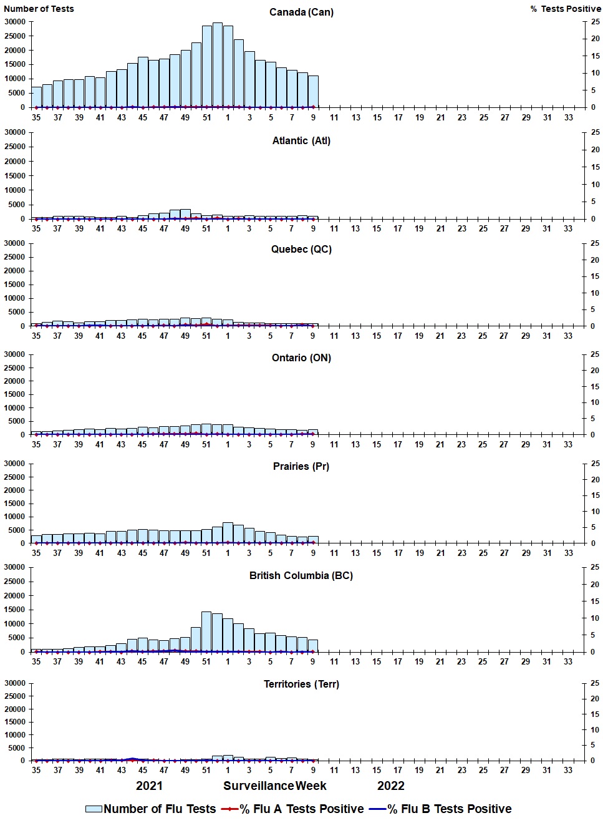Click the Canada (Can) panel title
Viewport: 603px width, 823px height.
tap(301, 12)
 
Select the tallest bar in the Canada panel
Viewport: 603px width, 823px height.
tap(217, 65)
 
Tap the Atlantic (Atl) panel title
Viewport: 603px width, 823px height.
tap(301, 141)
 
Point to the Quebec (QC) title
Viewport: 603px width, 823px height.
tap(301, 250)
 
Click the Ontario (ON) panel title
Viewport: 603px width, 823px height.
tap(301, 358)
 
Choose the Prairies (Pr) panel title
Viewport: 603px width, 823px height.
tap(301, 467)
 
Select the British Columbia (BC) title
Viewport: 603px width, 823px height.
tap(301, 575)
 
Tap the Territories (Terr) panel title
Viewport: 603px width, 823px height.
tap(301, 684)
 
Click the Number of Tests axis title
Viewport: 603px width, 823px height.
tap(39, 9)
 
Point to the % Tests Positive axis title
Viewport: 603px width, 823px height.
tap(566, 9)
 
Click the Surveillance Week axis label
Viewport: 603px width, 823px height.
tap(275, 786)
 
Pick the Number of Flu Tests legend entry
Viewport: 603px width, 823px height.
tap(151, 809)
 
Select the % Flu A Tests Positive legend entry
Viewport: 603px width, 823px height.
tap(293, 809)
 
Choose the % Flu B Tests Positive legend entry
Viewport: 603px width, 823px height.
tap(440, 809)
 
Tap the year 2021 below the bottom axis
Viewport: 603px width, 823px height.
tap(149, 786)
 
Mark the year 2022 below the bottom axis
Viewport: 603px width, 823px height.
tap(391, 786)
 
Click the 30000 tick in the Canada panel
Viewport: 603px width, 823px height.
tap(15, 22)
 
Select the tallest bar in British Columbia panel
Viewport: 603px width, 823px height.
tap(206, 632)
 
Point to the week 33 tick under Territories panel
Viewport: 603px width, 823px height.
tap(568, 771)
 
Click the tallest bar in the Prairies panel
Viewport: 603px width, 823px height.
tap(228, 533)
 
